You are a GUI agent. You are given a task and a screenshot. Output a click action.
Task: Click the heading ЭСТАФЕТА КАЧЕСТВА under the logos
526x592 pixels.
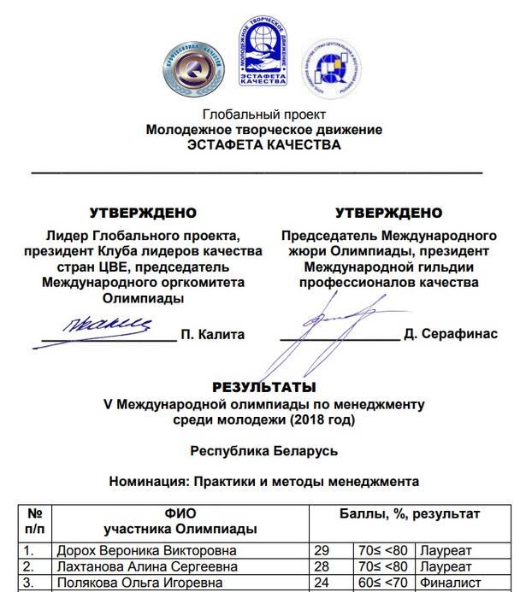coord(263,144)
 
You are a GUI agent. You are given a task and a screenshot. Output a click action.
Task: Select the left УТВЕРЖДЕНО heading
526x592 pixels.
coord(143,213)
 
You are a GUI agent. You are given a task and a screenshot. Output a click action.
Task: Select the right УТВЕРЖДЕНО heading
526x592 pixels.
coord(389,213)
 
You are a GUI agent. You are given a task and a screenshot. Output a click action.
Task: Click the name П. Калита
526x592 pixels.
coord(212,334)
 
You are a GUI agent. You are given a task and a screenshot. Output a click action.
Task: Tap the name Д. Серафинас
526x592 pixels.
coord(450,334)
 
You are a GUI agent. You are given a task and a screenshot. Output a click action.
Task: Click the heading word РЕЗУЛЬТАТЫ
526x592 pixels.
coord(263,387)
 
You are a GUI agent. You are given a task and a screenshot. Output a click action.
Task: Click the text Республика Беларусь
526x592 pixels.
coord(263,450)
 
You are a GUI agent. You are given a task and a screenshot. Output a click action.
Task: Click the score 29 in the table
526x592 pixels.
coord(322,551)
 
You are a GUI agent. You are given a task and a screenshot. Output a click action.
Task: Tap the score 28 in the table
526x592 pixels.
coord(322,566)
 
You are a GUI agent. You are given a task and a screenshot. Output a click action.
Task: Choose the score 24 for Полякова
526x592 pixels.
coord(322,583)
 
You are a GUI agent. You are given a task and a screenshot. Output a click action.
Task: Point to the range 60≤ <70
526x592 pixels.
coord(384,583)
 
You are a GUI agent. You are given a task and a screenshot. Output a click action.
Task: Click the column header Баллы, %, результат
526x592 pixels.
coord(410,514)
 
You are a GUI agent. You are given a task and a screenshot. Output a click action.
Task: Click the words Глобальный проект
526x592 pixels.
coord(263,114)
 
